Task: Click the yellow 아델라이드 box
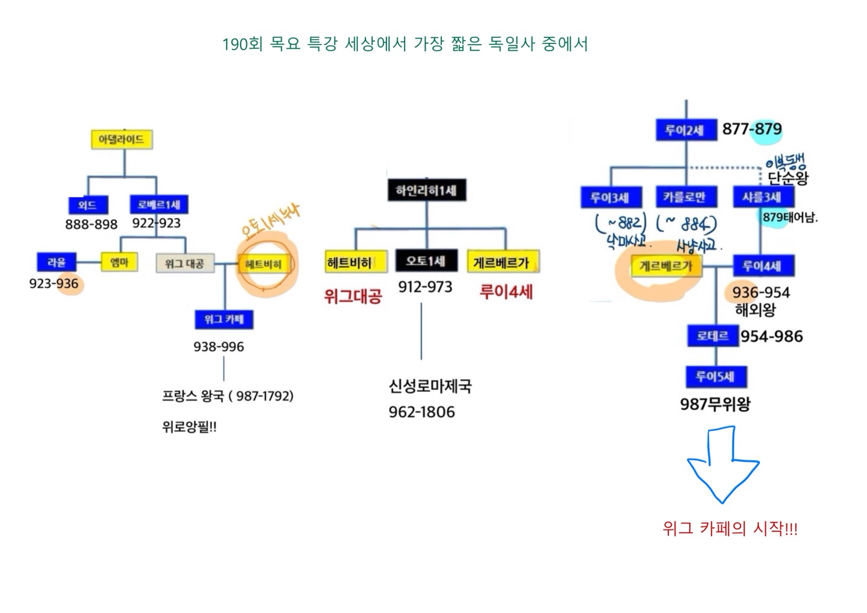click(x=121, y=140)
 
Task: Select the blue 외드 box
click(x=87, y=205)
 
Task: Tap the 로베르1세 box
click(x=159, y=205)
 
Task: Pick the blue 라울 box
click(x=57, y=263)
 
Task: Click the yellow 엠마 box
click(x=119, y=262)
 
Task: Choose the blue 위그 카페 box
click(x=223, y=319)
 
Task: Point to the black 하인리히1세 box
click(x=426, y=191)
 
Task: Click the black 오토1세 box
click(x=426, y=261)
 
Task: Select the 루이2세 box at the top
click(x=685, y=130)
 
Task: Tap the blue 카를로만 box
click(x=684, y=197)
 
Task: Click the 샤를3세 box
click(x=762, y=197)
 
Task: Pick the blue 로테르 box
click(x=712, y=336)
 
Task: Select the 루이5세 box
click(x=715, y=377)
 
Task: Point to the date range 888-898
click(x=92, y=225)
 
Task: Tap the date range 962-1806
click(x=421, y=412)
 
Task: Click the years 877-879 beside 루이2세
click(x=752, y=129)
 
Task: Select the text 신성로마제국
click(x=430, y=386)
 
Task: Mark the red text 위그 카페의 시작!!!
click(x=730, y=529)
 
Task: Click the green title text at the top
click(x=405, y=44)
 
